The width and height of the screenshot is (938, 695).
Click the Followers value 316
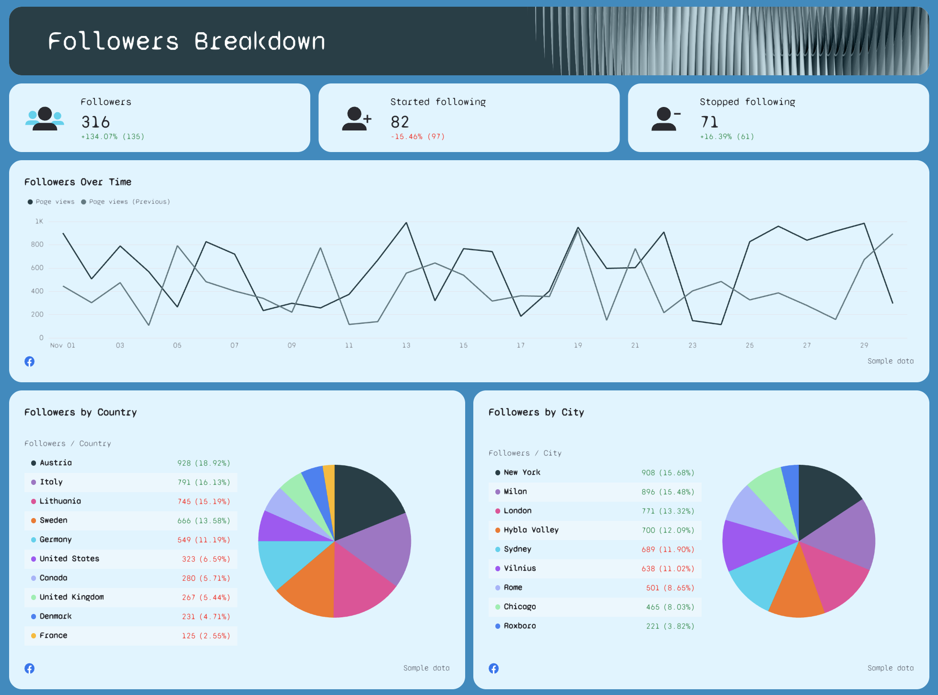95,122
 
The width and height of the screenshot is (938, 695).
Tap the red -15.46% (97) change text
418,137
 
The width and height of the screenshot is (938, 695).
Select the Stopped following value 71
709,122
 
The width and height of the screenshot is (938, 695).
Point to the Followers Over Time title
78,182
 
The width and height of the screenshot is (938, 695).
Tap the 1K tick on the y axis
39,221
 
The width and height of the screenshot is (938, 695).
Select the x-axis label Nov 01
62,345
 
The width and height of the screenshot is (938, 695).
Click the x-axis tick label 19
578,345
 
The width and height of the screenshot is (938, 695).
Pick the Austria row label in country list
56,463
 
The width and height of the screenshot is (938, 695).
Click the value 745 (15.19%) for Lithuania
204,501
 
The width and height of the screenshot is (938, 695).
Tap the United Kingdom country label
71,597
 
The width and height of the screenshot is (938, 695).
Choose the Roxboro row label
520,626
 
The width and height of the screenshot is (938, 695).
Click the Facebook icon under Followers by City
493,668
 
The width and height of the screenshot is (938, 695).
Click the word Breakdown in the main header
259,41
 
